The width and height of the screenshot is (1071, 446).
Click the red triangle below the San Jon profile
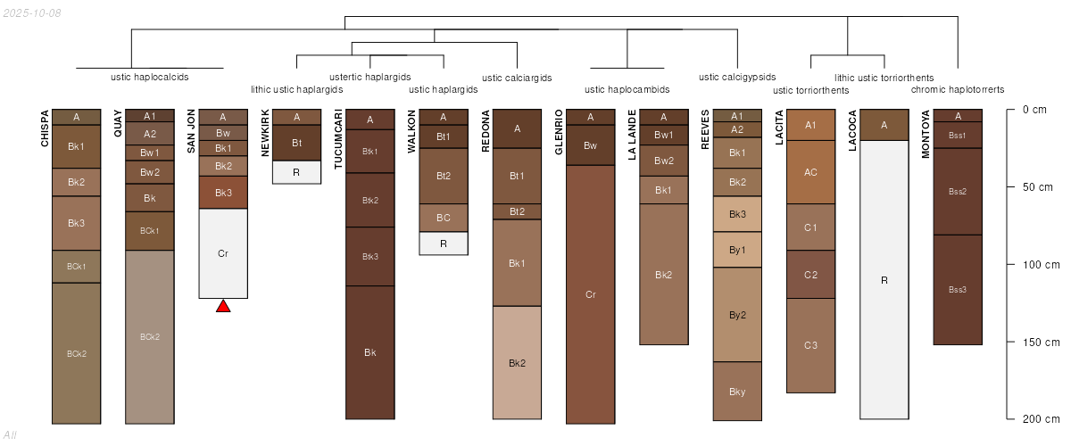[x=223, y=307]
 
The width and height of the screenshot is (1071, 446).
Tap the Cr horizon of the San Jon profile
[x=223, y=253]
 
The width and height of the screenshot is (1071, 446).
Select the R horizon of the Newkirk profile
[x=296, y=171]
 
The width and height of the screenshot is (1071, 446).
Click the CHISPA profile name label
[x=45, y=128]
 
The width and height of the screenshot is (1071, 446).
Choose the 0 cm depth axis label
[x=1034, y=110]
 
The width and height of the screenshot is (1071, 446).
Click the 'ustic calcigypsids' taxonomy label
[x=737, y=77]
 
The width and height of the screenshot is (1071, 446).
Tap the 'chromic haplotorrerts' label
[x=958, y=89]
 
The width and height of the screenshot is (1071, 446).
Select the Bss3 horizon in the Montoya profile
[x=958, y=289]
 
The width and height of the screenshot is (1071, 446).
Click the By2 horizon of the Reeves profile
[x=737, y=315]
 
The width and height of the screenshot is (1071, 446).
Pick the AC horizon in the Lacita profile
[x=810, y=172]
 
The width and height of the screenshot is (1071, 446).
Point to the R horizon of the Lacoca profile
[x=884, y=280]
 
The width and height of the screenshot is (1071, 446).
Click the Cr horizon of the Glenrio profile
[x=590, y=294]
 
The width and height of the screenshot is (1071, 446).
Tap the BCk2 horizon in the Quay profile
[x=150, y=336]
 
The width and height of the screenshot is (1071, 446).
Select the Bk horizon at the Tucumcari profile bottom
[x=369, y=352]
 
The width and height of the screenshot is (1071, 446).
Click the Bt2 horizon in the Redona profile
[x=517, y=211]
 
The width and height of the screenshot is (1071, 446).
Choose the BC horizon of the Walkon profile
[x=444, y=218]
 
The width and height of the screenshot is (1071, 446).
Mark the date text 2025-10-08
[x=33, y=12]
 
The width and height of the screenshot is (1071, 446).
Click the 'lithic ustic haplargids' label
[x=296, y=89]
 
